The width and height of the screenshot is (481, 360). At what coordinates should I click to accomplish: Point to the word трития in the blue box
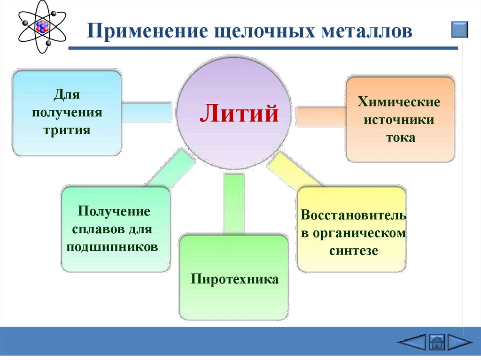(x=67, y=129)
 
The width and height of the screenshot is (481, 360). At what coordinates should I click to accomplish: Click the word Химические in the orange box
(x=400, y=102)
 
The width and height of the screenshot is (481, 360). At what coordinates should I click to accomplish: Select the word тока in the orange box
(x=400, y=138)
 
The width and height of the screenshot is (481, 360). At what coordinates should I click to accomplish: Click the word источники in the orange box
(x=400, y=120)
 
